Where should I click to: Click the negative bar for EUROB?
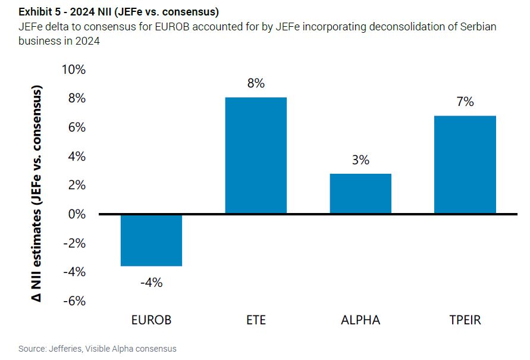[x=151, y=240]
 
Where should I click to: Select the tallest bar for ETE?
[x=256, y=155]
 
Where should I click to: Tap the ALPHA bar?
[x=360, y=193]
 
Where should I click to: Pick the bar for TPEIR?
[x=465, y=164]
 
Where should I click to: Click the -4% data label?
[x=151, y=283]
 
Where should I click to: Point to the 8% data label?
[x=256, y=84]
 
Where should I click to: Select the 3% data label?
[x=360, y=160]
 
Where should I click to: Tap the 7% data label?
[x=465, y=102]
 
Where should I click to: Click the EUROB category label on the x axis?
[x=151, y=320]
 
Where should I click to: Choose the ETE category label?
[x=256, y=320]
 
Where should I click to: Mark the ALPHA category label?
[x=360, y=320]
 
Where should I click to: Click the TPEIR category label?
[x=465, y=320]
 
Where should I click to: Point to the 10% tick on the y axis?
[x=74, y=70]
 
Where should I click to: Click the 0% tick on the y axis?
[x=77, y=214]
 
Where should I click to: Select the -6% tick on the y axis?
[x=75, y=301]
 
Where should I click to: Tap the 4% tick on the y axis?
[x=77, y=156]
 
